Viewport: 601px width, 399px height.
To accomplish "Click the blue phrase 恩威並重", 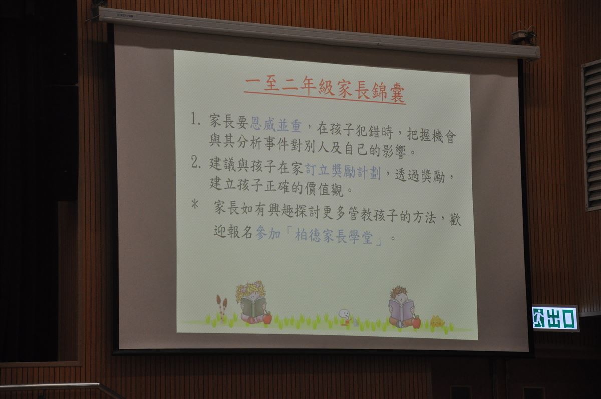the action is [276, 125].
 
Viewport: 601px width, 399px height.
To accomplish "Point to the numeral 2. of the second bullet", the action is [196, 162].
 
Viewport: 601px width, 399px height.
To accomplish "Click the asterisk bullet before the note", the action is [195, 205].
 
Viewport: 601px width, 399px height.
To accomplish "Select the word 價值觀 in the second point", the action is [324, 189].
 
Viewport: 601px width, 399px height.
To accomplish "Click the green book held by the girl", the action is [252, 307].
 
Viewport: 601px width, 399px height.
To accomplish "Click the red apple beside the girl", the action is [267, 318].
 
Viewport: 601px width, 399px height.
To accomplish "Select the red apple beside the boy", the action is [416, 321].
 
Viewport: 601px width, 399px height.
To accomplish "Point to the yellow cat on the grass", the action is [437, 322].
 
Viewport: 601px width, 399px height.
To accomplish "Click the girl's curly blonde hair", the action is [250, 291].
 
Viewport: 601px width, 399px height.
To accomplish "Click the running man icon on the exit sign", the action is [539, 318].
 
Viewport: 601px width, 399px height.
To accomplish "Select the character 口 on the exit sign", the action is [569, 319].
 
